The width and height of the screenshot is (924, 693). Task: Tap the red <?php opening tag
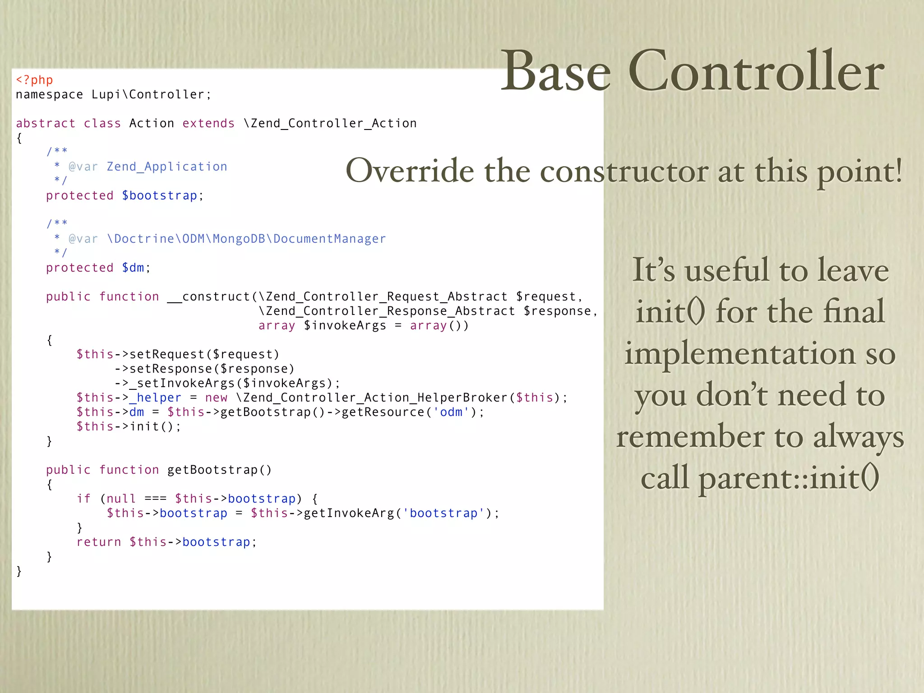[34, 80]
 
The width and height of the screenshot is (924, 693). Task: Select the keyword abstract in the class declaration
[46, 123]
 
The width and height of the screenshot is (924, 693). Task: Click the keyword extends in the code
[208, 123]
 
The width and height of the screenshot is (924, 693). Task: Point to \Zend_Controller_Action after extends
[330, 123]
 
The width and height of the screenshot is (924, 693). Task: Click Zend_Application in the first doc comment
[167, 166]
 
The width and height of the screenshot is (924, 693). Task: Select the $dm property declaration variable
[133, 268]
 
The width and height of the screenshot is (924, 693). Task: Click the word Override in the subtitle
[410, 171]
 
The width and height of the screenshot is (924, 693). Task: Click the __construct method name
[208, 296]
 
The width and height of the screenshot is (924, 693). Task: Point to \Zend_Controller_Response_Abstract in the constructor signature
[387, 311]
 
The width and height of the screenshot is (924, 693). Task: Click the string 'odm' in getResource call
[451, 412]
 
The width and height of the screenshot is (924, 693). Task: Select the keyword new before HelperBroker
[216, 397]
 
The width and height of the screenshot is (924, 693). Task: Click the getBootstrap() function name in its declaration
[219, 470]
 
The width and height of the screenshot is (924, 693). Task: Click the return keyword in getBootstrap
[99, 542]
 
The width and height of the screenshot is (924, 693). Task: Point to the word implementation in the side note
[740, 354]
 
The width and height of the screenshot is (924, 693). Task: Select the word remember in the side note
[690, 437]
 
